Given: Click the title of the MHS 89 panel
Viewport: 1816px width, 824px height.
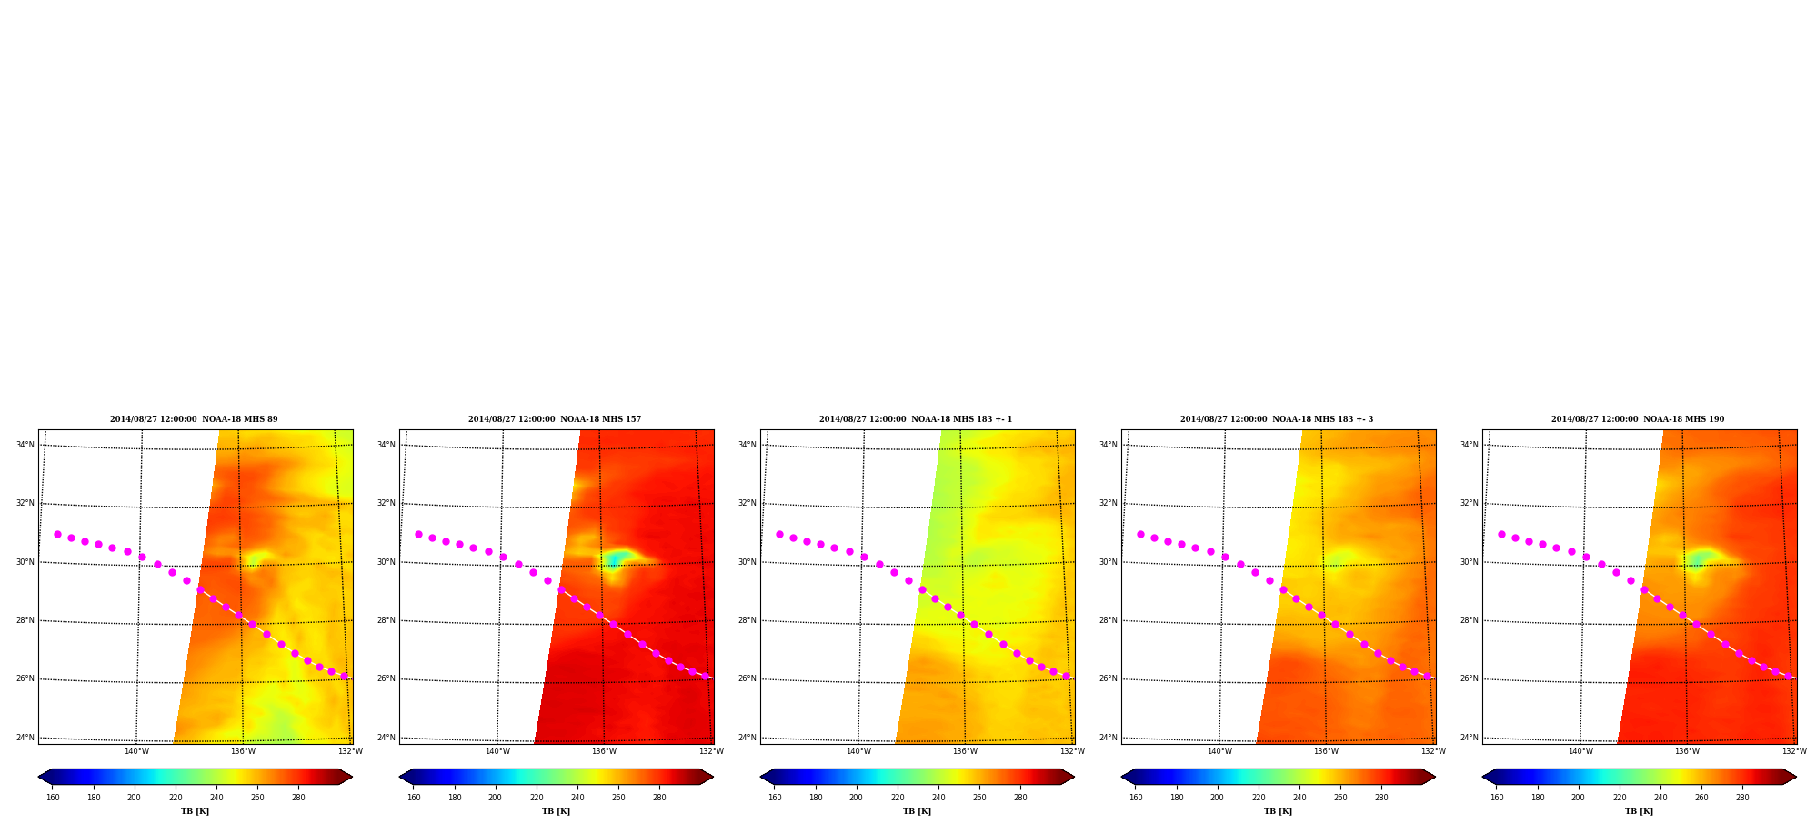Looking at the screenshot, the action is click(194, 419).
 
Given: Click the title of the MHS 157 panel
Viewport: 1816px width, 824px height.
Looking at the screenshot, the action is click(555, 419).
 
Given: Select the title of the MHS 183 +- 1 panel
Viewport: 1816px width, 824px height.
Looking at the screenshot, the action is click(916, 419).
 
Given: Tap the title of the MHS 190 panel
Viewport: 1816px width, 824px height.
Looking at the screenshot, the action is click(1638, 419).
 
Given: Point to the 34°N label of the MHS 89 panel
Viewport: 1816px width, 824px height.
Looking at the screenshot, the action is click(25, 445).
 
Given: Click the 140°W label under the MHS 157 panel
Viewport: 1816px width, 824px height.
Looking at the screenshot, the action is click(497, 751).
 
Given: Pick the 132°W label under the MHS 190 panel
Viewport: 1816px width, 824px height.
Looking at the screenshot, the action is click(1794, 751).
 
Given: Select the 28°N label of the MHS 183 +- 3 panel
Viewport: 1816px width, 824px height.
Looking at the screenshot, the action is click(1108, 620).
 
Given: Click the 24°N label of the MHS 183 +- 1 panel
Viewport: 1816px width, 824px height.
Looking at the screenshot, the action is click(747, 738).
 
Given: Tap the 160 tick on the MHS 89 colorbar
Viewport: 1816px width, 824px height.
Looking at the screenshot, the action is click(53, 798).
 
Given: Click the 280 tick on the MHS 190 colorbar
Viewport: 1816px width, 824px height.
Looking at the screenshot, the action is click(1742, 798).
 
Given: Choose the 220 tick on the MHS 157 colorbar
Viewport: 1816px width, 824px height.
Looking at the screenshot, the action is click(537, 798).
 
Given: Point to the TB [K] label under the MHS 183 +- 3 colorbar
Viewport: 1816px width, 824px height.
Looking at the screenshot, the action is click(1278, 811).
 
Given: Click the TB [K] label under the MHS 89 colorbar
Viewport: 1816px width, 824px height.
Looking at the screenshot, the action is click(195, 811).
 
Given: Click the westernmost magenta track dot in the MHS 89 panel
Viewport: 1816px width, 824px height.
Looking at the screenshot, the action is click(57, 535).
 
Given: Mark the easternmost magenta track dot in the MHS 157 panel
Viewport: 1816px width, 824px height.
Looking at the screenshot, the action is click(705, 676).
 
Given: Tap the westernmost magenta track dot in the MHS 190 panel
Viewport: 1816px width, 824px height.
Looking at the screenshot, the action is click(1501, 535).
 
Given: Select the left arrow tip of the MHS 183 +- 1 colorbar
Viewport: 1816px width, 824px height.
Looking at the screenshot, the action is click(760, 777).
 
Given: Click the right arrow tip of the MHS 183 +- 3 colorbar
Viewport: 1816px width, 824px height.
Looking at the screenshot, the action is click(1436, 777).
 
